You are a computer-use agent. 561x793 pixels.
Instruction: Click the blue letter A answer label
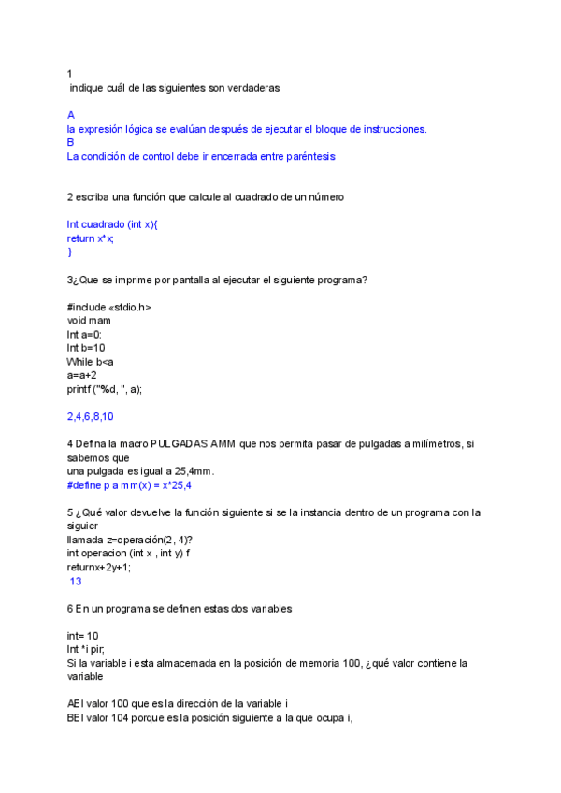(71, 115)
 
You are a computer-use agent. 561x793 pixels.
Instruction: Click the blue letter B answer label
(71, 142)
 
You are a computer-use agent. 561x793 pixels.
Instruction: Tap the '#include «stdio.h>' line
(108, 307)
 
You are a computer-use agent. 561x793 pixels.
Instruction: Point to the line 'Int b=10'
(86, 348)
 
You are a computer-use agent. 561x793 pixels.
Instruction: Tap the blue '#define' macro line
(131, 485)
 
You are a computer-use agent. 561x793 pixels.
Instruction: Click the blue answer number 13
(76, 581)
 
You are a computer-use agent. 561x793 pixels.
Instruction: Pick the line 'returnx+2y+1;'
(99, 567)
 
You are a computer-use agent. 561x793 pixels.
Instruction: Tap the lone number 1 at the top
(70, 74)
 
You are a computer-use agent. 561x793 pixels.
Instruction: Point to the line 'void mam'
(89, 320)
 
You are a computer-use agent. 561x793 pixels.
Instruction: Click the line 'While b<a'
(90, 361)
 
